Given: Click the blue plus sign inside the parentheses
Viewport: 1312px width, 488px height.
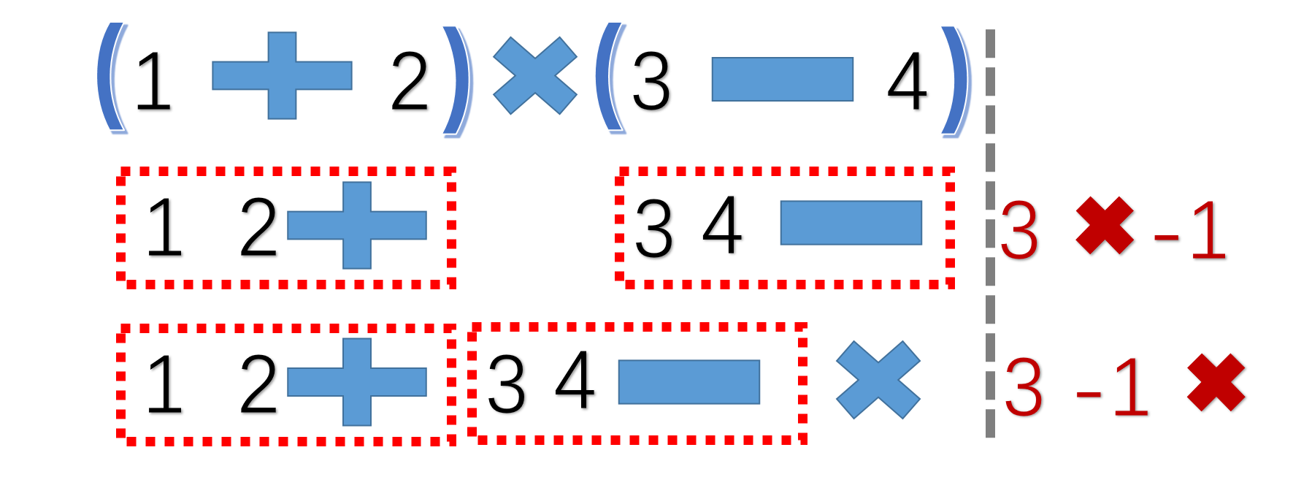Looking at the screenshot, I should point(282,75).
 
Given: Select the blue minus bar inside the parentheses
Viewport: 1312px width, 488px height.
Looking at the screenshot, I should point(782,79).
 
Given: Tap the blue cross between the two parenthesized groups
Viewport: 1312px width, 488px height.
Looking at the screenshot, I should point(535,76).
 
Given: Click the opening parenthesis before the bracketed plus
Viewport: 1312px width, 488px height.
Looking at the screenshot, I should point(112,78).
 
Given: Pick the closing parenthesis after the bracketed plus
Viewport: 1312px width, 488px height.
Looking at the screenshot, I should point(459,80).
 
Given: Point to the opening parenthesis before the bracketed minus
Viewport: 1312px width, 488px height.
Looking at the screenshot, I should point(609,78).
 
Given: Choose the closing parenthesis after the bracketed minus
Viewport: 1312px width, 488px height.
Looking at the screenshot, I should point(956,80).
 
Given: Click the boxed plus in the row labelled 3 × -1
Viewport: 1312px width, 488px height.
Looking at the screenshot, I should point(357,225).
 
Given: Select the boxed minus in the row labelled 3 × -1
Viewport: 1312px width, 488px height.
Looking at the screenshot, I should point(851,223).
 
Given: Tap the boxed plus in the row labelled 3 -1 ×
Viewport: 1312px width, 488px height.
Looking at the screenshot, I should point(357,381).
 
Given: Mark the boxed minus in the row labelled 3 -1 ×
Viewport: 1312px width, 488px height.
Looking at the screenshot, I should point(688,381).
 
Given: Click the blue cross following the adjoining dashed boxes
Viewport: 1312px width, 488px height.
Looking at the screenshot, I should point(878,380).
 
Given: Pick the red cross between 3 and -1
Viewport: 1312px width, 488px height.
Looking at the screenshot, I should point(1105,225).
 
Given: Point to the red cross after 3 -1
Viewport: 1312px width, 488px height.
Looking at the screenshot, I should point(1216,382).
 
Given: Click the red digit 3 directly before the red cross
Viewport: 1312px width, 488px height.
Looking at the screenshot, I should point(1019,230).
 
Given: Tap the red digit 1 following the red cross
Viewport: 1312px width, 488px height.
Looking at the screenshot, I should point(1209,230).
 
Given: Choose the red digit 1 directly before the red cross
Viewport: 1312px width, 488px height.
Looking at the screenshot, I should point(1131,387).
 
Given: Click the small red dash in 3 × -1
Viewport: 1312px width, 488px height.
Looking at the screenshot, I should point(1166,236).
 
